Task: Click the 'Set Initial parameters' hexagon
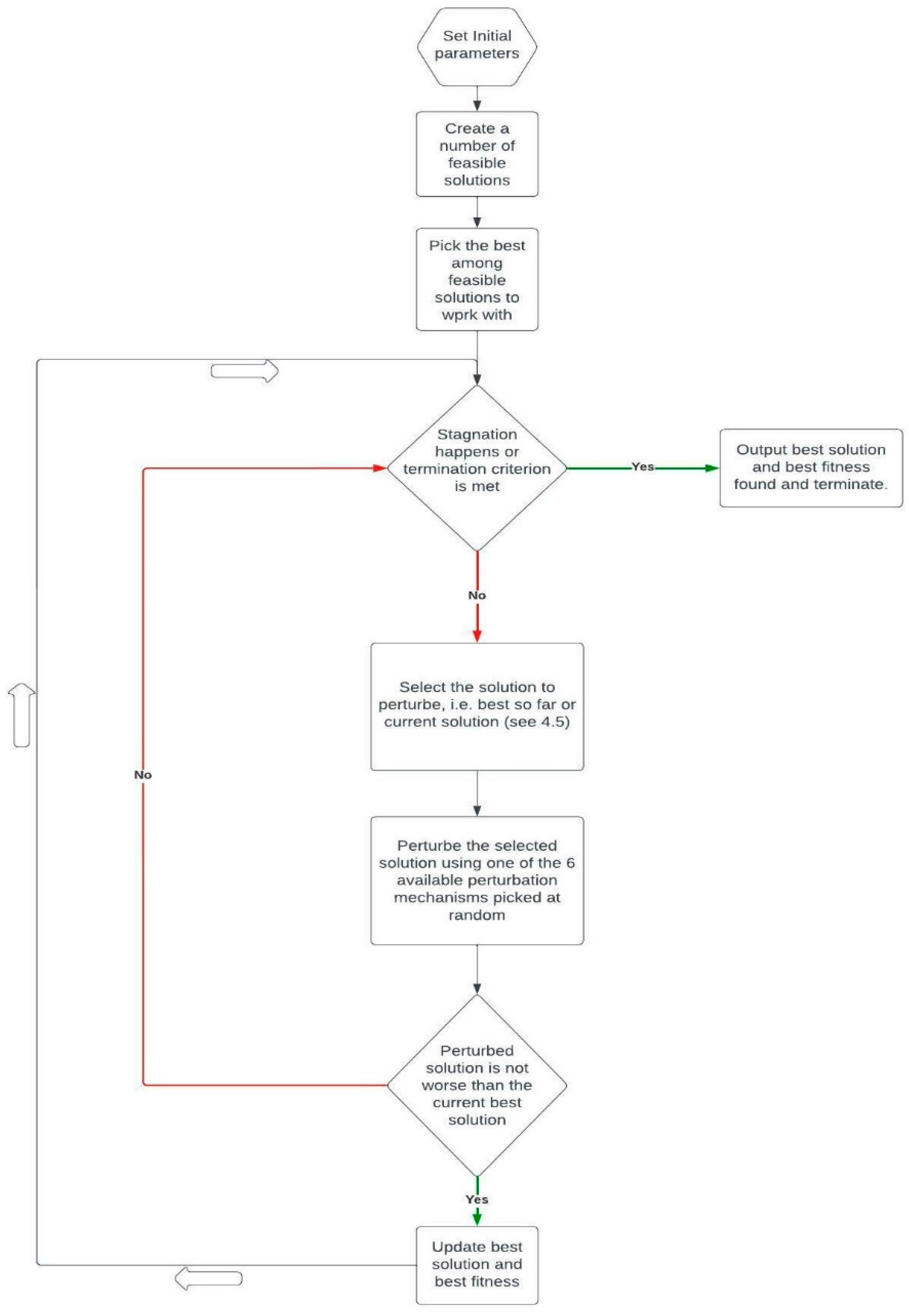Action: point(477,45)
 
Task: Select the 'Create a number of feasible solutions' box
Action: point(477,154)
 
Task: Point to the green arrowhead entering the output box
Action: point(712,468)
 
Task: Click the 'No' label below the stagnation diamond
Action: point(477,595)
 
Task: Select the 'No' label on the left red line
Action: point(143,775)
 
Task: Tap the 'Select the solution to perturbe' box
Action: point(477,706)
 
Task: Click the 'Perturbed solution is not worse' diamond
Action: point(477,1085)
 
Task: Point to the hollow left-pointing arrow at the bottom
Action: point(208,1279)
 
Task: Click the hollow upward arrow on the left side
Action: point(22,715)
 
